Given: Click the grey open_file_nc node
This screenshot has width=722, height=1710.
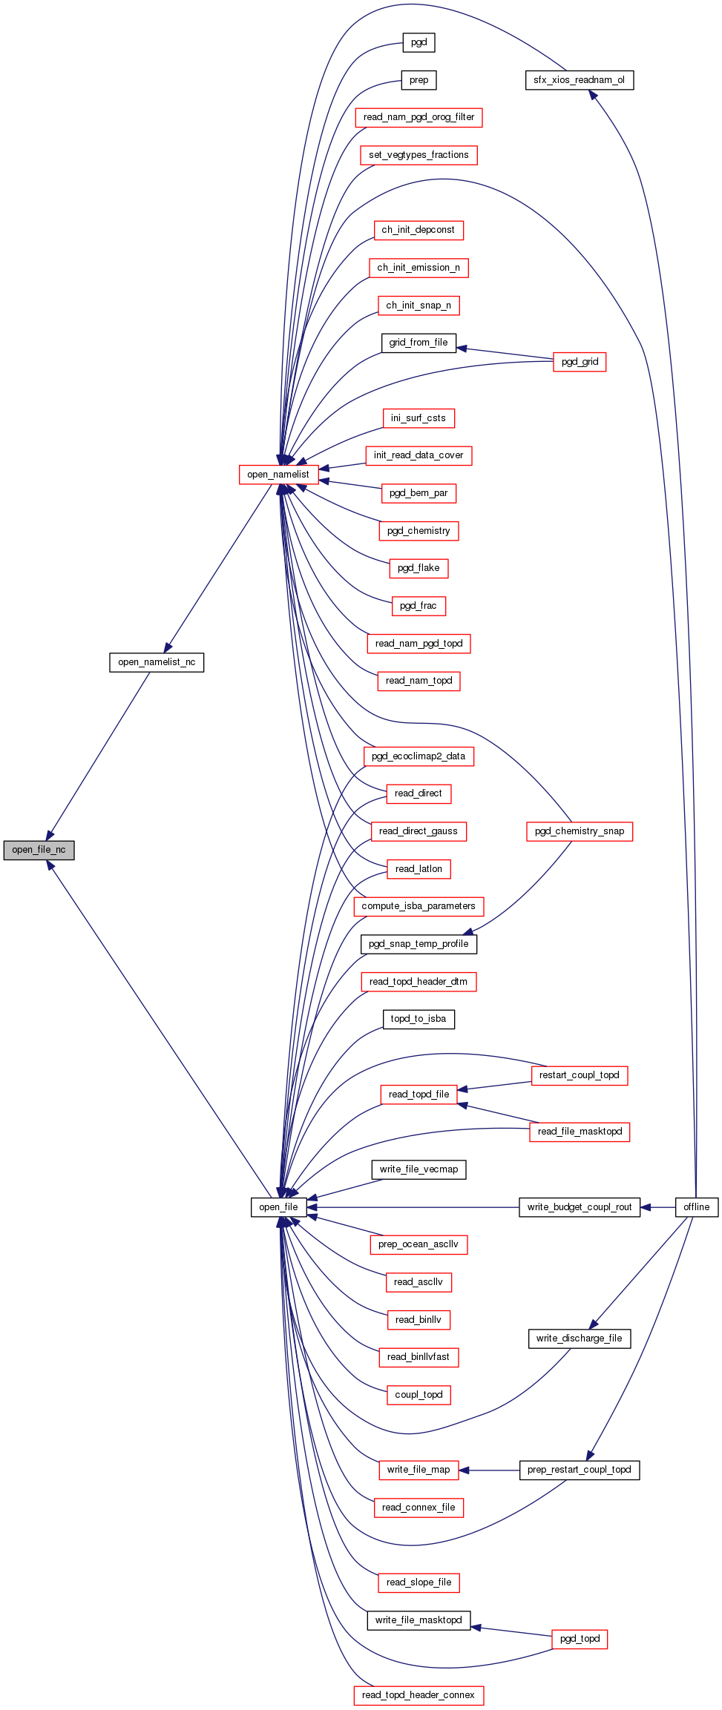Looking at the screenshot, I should tap(39, 850).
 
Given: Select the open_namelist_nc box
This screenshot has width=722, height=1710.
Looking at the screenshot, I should tap(157, 662).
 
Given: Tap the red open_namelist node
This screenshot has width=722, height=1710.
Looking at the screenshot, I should tap(278, 475).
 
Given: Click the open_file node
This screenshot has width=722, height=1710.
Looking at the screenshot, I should tap(278, 1207).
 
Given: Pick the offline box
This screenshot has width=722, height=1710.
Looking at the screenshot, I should tap(697, 1207).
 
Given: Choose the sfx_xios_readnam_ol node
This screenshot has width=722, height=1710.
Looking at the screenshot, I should tap(580, 80).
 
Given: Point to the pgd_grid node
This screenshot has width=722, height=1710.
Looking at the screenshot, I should tap(580, 362).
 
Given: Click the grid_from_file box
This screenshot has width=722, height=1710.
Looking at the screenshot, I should tap(419, 343).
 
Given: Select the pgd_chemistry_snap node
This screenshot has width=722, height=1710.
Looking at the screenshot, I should tap(580, 831).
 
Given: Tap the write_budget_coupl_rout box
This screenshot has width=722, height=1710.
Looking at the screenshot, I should tap(580, 1207).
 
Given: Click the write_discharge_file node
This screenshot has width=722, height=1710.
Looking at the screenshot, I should tap(580, 1338).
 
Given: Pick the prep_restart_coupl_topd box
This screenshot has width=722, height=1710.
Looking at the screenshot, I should tap(580, 1470).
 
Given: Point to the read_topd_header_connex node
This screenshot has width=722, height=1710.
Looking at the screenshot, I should tap(419, 1695).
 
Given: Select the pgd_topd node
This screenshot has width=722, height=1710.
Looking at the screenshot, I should tap(580, 1639).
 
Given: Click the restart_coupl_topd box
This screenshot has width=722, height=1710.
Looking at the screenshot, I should tap(580, 1075).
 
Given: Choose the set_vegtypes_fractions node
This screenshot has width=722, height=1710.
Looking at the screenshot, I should tap(419, 155).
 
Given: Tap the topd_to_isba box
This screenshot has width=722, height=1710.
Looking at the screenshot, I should tap(419, 1019).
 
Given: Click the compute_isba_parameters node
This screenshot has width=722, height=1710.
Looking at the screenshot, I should tap(419, 906).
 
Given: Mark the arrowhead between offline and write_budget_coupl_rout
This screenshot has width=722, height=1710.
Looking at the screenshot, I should tap(646, 1207).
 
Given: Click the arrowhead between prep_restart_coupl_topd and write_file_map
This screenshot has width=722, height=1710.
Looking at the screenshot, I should tap(465, 1470).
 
